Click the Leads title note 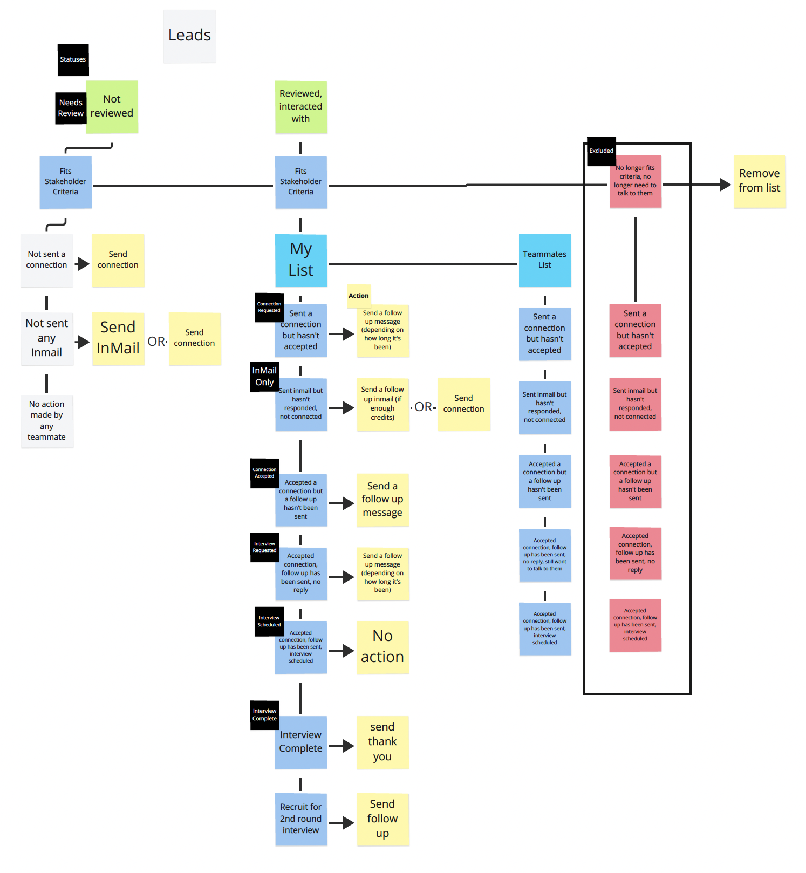(x=189, y=36)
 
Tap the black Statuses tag (x=73, y=59)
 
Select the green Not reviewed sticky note (x=112, y=106)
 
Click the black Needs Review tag (x=70, y=108)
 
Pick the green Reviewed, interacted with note (x=300, y=106)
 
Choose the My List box (x=300, y=260)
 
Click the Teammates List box (x=544, y=260)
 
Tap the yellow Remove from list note (x=759, y=181)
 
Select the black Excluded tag (x=601, y=151)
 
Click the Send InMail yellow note (x=118, y=338)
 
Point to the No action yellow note (x=382, y=646)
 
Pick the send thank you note (x=382, y=742)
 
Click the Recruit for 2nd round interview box (x=300, y=819)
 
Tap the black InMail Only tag (x=264, y=376)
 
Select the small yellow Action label (x=359, y=296)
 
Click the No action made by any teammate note (x=47, y=421)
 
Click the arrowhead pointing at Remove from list (x=725, y=185)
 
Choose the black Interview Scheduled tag (x=269, y=621)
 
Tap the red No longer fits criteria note (x=635, y=181)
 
